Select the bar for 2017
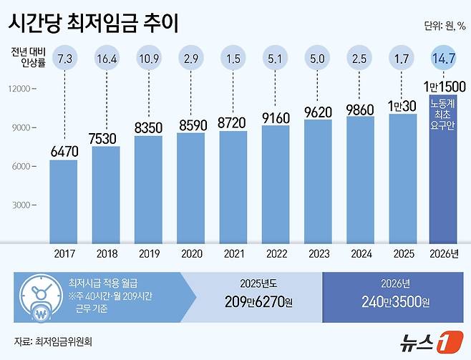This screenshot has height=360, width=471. (x=64, y=200)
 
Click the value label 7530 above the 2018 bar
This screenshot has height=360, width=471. (x=106, y=137)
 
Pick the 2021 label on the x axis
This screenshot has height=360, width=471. (x=233, y=252)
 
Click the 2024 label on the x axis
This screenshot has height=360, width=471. (x=361, y=252)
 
